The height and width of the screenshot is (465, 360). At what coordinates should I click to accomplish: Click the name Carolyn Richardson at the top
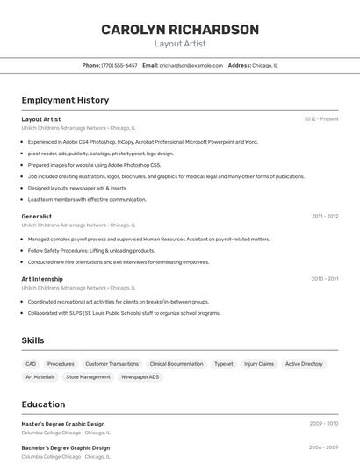click(x=180, y=30)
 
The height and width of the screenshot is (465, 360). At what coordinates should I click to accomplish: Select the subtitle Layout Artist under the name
click(x=180, y=44)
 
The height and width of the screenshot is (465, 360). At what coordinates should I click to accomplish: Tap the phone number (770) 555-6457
click(x=119, y=65)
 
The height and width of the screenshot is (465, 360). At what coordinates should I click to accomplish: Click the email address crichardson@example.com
click(x=191, y=65)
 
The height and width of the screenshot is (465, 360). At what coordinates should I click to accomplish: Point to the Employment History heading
click(x=65, y=100)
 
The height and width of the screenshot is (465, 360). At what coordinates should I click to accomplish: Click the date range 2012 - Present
click(x=321, y=119)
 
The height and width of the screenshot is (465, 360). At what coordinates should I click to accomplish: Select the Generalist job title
click(x=37, y=216)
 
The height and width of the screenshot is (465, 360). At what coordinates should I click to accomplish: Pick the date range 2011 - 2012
click(x=325, y=216)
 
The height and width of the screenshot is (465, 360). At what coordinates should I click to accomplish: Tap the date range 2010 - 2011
click(x=325, y=279)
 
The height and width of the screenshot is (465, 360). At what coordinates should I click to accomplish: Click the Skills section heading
click(x=32, y=340)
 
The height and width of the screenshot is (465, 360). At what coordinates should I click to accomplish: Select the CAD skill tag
click(x=31, y=364)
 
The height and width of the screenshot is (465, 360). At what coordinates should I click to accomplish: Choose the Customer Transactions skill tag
click(x=112, y=364)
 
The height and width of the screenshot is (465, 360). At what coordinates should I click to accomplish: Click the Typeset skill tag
click(x=224, y=364)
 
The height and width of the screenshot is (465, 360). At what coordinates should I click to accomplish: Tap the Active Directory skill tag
click(x=304, y=364)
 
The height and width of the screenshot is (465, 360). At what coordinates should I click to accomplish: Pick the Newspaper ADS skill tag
click(x=140, y=377)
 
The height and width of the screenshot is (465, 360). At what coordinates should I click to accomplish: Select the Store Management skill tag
click(x=89, y=377)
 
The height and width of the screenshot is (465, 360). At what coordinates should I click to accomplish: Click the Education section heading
click(x=43, y=404)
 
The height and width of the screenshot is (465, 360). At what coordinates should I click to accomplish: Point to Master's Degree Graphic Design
click(x=63, y=424)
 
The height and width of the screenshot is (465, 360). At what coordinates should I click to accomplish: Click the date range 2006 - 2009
click(x=323, y=447)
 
